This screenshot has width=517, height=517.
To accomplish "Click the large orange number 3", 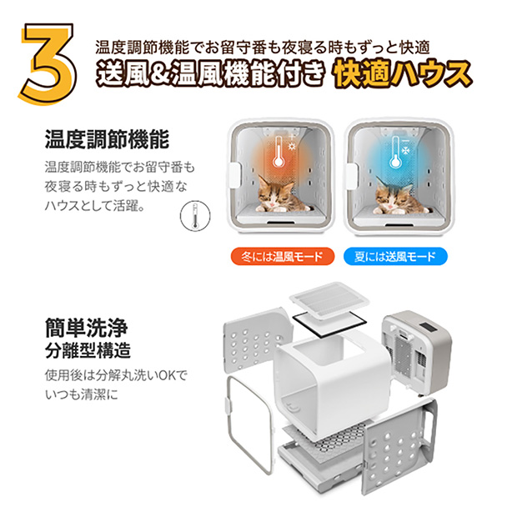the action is click(48, 63).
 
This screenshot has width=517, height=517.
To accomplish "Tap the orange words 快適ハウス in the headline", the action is click(402, 75).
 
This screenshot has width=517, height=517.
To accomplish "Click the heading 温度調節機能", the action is click(107, 140).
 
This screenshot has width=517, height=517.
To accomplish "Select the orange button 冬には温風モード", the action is click(282, 257).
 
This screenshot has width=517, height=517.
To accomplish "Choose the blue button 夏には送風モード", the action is click(395, 257).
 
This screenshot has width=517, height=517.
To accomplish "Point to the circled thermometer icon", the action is click(195, 216).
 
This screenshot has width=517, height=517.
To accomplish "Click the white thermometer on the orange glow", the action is click(279, 153).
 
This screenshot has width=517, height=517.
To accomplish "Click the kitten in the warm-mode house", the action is click(279, 195).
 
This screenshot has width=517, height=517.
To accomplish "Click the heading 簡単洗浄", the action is click(86, 328).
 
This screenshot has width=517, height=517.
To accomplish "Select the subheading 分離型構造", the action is click(88, 350).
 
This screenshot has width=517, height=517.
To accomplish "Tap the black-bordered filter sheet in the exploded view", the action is click(329, 324).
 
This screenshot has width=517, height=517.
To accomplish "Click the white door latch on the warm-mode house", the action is click(235, 175).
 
